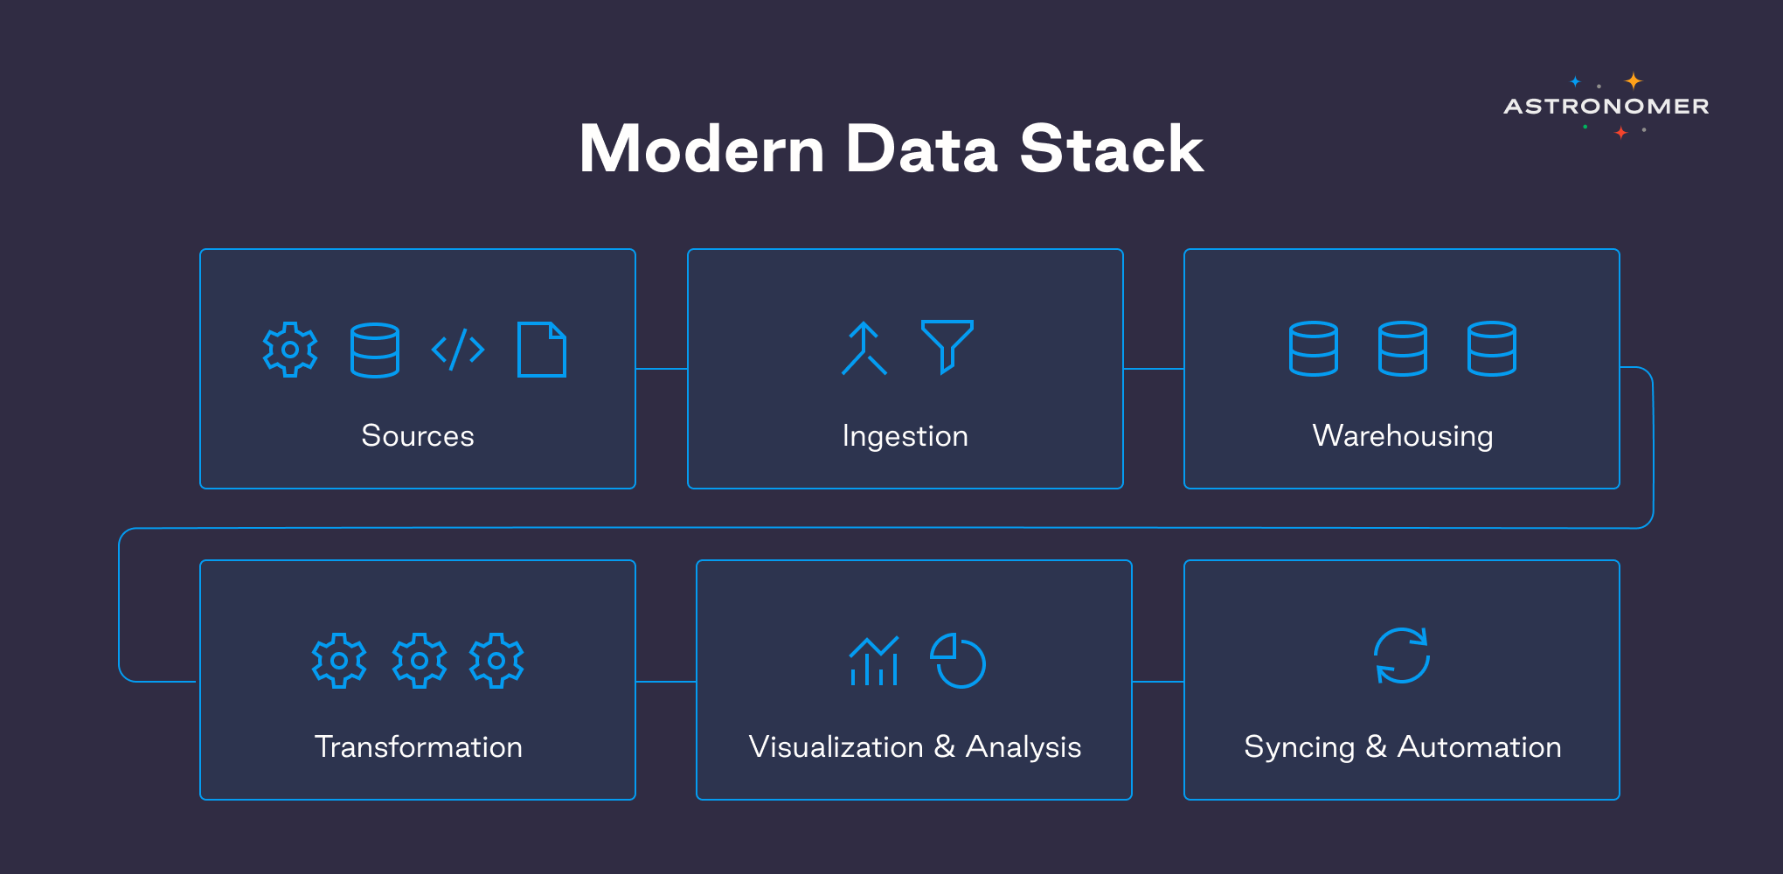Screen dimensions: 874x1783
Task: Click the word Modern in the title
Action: [x=702, y=149]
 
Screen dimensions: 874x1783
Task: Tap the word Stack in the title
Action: [x=1112, y=149]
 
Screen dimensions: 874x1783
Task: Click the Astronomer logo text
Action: [x=1606, y=107]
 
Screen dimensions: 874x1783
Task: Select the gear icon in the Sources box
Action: [x=290, y=350]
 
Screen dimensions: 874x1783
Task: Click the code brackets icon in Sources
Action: [x=458, y=350]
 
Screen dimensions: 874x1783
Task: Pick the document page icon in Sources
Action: [x=542, y=350]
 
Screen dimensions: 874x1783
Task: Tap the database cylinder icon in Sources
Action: [x=375, y=350]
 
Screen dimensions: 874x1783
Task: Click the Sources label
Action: [x=418, y=435]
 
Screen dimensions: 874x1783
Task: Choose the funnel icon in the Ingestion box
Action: [x=947, y=345]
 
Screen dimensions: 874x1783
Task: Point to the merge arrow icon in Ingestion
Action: [x=864, y=349]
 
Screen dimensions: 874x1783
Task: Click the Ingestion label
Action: [x=905, y=435]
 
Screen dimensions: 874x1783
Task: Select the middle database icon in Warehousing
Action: [x=1402, y=349]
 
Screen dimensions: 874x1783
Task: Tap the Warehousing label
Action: [x=1402, y=435]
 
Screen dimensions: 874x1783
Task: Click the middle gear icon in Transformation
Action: [x=420, y=661]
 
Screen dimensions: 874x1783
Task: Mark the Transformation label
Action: [x=418, y=746]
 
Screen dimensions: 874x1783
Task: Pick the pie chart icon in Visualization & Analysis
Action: [x=958, y=661]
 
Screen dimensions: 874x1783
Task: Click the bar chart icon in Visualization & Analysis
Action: [x=873, y=662]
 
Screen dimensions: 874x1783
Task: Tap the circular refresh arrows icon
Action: [x=1402, y=655]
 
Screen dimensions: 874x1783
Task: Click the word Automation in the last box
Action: [x=1479, y=746]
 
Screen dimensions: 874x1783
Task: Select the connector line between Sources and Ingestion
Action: [x=662, y=369]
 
